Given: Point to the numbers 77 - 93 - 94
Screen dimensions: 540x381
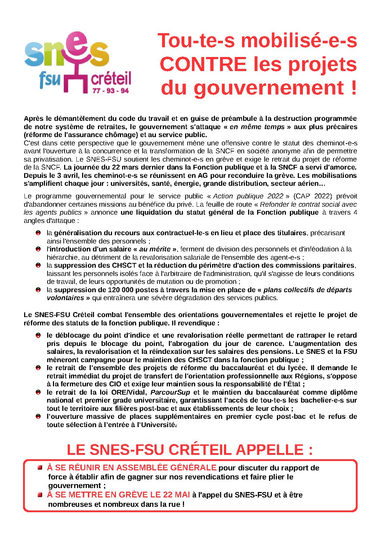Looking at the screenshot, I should pyautogui.click(x=111, y=91).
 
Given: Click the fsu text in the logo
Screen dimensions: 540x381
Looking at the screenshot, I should pyautogui.click(x=50, y=80).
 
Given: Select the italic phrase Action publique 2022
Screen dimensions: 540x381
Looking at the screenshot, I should pyautogui.click(x=248, y=196).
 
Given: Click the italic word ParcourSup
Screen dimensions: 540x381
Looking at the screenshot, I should pyautogui.click(x=170, y=392).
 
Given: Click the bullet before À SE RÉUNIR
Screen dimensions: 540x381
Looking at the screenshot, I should pyautogui.click(x=40, y=468).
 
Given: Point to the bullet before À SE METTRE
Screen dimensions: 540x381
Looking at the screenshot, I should pyautogui.click(x=40, y=495).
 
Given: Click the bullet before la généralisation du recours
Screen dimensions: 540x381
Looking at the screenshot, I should pyautogui.click(x=38, y=233).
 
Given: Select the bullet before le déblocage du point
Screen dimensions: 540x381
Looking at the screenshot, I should pyautogui.click(x=38, y=335).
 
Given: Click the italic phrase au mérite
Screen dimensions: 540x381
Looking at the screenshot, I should pyautogui.click(x=155, y=249).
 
